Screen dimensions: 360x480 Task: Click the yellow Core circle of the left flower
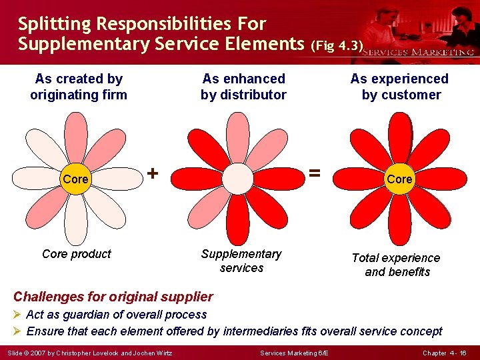click(75, 179)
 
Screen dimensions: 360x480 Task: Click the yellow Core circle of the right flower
click(399, 179)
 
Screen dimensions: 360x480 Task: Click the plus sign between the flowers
click(153, 173)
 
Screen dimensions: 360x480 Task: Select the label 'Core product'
click(77, 254)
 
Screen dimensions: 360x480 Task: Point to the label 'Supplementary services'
click(241, 261)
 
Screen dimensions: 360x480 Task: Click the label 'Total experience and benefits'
click(397, 265)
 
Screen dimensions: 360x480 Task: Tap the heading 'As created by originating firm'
click(79, 87)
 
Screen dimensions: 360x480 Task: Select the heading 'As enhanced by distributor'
click(243, 87)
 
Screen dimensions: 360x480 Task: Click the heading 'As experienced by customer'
click(400, 87)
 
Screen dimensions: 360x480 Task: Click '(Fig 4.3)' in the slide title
click(337, 47)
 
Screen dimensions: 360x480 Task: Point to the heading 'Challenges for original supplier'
click(113, 297)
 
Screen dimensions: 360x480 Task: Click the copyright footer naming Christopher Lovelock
click(90, 353)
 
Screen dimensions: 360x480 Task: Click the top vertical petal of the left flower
click(75, 137)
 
